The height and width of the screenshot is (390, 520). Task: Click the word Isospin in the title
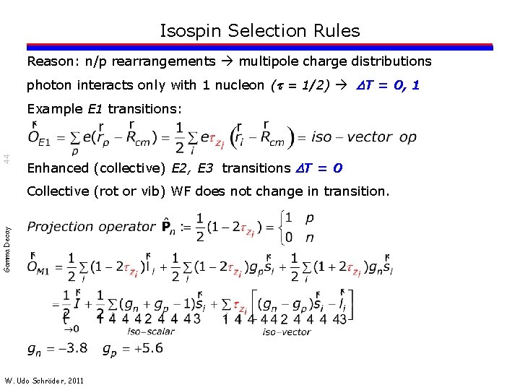pyautogui.click(x=191, y=31)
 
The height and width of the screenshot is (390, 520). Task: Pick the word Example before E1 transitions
pyautogui.click(x=55, y=109)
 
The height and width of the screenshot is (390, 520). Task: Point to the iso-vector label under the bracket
pyautogui.click(x=286, y=331)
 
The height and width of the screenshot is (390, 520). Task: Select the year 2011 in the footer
pyautogui.click(x=74, y=380)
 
